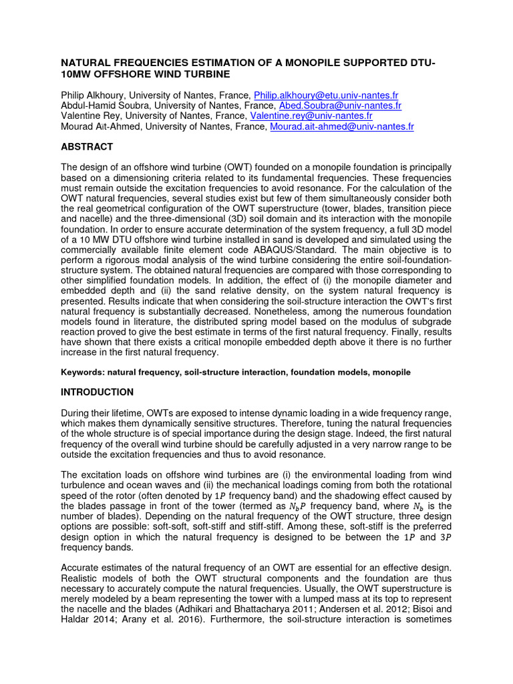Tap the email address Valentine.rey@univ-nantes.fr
pyautogui.click(x=311, y=116)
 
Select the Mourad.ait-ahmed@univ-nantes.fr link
pyautogui.click(x=342, y=126)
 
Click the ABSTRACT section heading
pyautogui.click(x=87, y=146)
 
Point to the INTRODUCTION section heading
pyautogui.click(x=97, y=392)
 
